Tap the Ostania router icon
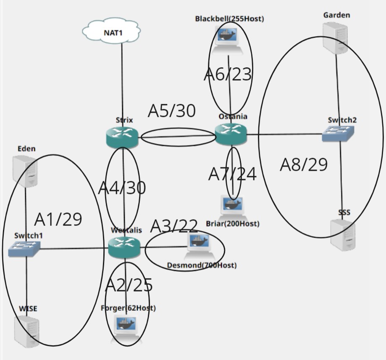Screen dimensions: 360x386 click(x=231, y=134)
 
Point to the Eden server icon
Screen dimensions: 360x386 click(x=25, y=171)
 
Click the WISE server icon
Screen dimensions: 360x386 click(x=27, y=331)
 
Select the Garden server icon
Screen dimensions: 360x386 click(x=336, y=38)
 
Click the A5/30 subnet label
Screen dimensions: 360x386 click(x=172, y=111)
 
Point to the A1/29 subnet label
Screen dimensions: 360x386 click(x=58, y=219)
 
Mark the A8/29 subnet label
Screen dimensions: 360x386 click(x=304, y=165)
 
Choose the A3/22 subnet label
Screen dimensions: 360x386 click(x=174, y=226)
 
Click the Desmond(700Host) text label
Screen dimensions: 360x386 click(x=202, y=265)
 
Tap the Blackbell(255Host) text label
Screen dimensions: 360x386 click(x=229, y=19)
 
